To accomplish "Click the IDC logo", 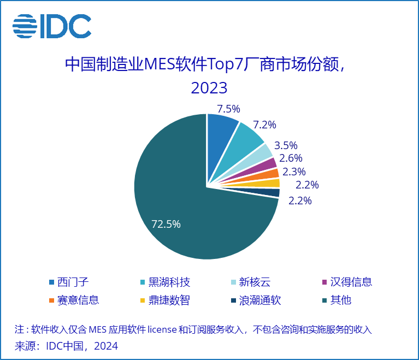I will pyautogui.click(x=52, y=25).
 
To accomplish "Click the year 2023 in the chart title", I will pyautogui.click(x=209, y=88).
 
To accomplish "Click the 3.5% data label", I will pyautogui.click(x=285, y=145).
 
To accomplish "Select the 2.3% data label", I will pyautogui.click(x=294, y=172).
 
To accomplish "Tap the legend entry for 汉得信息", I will pyautogui.click(x=350, y=282).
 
